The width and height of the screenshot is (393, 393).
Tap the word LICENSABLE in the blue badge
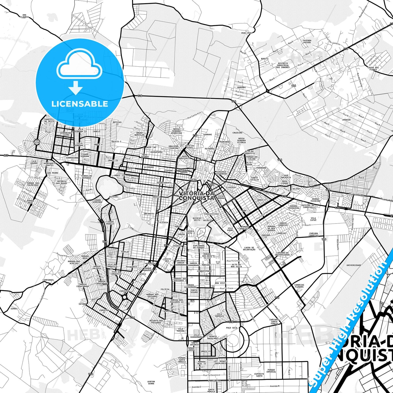[x=80, y=104]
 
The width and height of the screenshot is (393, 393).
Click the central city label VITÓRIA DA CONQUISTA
[x=196, y=196]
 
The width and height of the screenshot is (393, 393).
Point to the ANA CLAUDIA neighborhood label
[x=24, y=16]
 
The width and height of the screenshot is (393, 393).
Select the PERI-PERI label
[x=247, y=33]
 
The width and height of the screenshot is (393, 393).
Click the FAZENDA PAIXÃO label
[x=307, y=41]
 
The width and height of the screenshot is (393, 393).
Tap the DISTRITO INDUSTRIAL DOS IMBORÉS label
[x=283, y=65]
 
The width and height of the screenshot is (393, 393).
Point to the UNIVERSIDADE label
[x=354, y=265]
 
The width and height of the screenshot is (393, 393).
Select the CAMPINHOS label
[x=48, y=280]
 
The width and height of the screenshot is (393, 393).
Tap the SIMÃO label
[x=14, y=309]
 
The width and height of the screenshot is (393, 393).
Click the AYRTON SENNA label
[x=151, y=383]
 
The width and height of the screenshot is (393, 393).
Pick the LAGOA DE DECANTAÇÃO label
[x=249, y=249]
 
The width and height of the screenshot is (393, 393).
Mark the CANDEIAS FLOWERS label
[x=299, y=286]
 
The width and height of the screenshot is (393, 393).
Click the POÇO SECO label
[x=231, y=328]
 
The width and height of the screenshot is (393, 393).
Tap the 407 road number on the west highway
[x=6, y=156]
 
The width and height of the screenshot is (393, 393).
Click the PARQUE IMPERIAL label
[x=271, y=371]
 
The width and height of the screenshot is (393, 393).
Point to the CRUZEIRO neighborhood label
[x=237, y=133]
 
